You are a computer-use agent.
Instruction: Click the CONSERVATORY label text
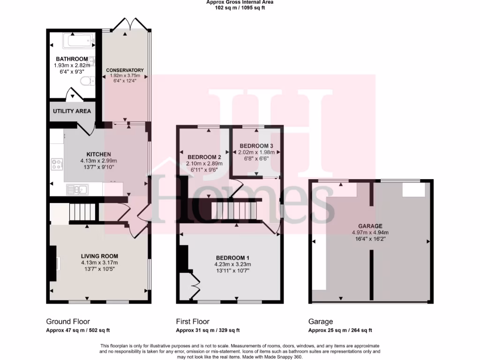(125, 70)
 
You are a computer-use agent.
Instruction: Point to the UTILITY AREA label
(72, 111)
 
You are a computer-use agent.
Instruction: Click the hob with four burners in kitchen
(57, 165)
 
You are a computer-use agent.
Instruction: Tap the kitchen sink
(78, 189)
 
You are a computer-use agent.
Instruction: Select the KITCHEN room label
(98, 154)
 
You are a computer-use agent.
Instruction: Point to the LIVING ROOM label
(99, 256)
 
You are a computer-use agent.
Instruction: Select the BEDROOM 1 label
(232, 258)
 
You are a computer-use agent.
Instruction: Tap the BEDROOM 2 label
(204, 157)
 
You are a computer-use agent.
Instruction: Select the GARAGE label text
(370, 225)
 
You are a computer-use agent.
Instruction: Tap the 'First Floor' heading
(193, 322)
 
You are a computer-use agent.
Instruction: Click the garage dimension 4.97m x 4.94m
(370, 232)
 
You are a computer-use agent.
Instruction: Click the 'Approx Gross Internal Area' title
(240, 2)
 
